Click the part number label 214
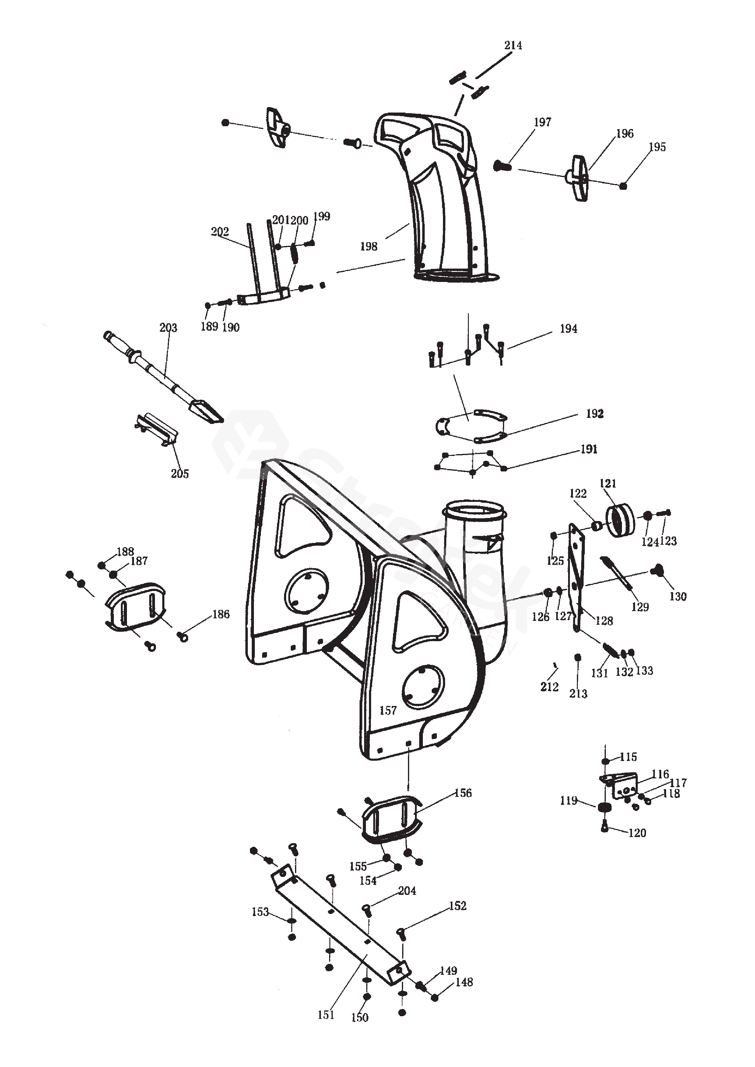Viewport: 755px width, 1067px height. pyautogui.click(x=513, y=46)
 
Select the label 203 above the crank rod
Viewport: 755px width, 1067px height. pyautogui.click(x=168, y=328)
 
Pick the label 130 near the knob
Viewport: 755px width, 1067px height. pyautogui.click(x=678, y=597)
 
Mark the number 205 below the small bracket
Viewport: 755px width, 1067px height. pyautogui.click(x=180, y=474)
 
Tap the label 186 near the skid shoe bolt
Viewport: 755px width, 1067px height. pyautogui.click(x=221, y=614)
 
